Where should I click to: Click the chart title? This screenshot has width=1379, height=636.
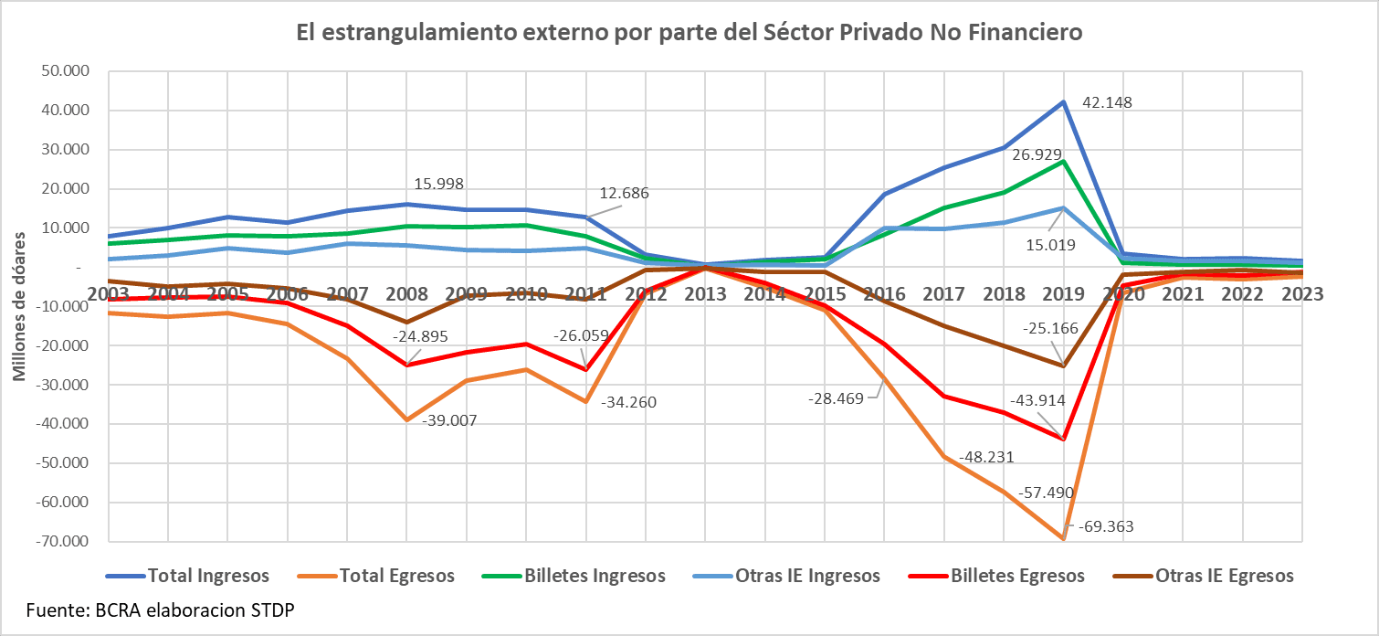coord(689,32)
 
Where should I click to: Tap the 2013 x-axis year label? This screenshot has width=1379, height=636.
coord(705,293)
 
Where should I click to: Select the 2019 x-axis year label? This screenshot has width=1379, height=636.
coord(1063,293)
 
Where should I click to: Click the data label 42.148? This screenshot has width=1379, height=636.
coord(1107,102)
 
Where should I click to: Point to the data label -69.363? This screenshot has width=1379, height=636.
coord(1106,527)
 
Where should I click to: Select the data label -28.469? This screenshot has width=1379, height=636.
coord(841,399)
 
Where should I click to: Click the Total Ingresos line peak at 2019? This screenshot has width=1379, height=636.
coord(1063,101)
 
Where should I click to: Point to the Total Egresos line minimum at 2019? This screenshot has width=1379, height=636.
coord(1063,539)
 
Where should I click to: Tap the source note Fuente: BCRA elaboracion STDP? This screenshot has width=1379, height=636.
coord(160,610)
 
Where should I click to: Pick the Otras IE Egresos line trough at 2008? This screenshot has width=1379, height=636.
coord(407,322)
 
